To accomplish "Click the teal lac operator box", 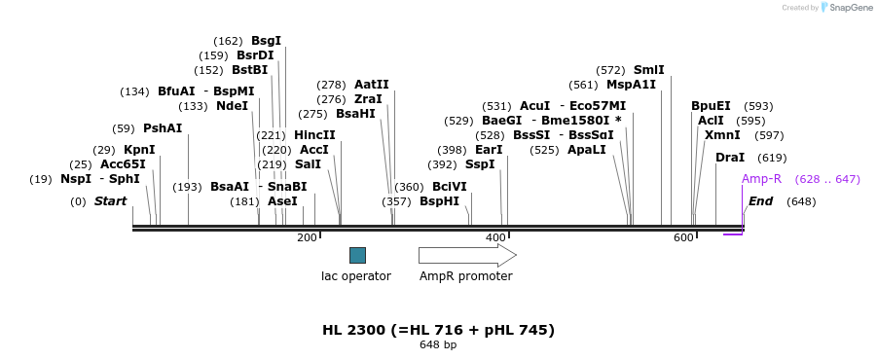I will click(357, 255).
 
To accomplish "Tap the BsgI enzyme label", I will click(266, 41).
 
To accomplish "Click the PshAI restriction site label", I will click(163, 128).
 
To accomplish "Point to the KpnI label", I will click(139, 150).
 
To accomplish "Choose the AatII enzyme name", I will click(372, 85).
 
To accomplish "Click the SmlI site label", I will click(648, 70).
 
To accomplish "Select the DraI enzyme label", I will click(730, 158).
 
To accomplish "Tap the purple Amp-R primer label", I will click(761, 179).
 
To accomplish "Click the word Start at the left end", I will click(110, 201).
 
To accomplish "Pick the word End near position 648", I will click(761, 201).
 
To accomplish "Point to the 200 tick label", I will click(307, 237).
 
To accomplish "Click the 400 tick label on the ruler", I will click(495, 237).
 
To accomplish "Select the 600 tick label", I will click(684, 237).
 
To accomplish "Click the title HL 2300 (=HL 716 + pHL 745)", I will click(438, 330).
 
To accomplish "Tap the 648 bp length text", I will click(438, 345).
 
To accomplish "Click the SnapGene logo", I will click(845, 8).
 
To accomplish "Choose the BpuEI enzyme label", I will click(711, 106).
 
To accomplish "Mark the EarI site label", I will click(489, 150).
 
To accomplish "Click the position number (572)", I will click(610, 70).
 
